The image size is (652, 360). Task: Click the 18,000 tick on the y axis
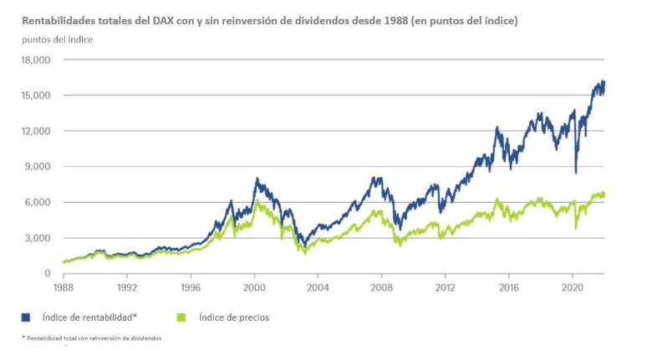36,60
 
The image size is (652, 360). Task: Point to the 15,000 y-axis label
36,96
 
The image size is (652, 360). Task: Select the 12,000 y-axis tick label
36,131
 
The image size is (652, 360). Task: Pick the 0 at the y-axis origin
48,273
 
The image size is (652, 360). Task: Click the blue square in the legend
27,317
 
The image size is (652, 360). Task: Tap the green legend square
180,317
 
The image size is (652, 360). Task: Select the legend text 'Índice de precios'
234,317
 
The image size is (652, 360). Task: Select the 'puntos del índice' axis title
58,39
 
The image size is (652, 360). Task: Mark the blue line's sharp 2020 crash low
575,172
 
